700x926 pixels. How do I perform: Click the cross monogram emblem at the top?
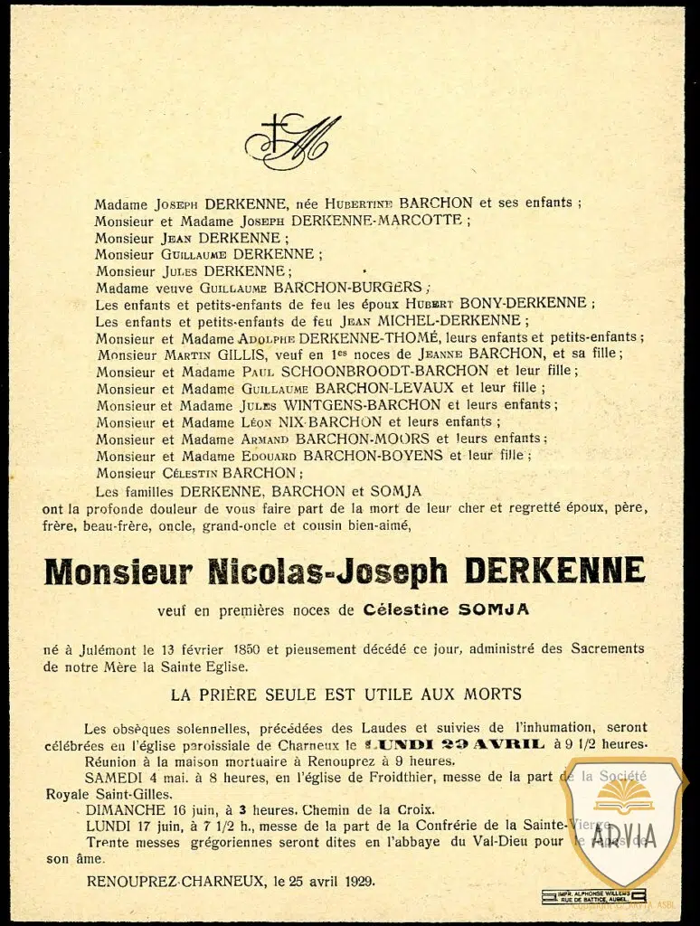coord(291,141)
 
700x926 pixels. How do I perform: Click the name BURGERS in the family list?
coord(379,287)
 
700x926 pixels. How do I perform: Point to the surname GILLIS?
coord(230,354)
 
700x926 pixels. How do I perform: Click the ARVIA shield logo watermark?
coord(624,818)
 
